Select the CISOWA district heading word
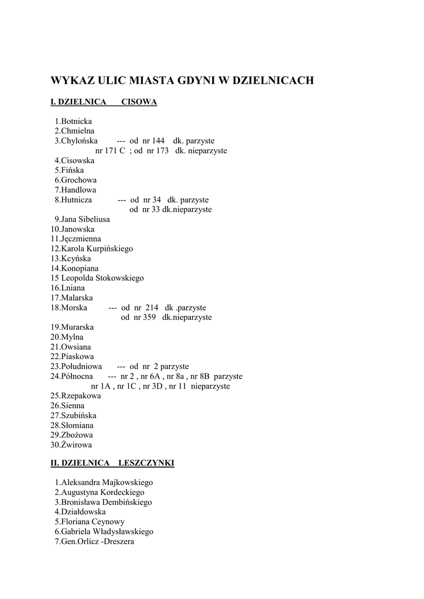(139, 102)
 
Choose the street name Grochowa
(78, 180)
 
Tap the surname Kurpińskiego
(110, 249)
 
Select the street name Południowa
(81, 366)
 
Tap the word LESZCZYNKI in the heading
(146, 463)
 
